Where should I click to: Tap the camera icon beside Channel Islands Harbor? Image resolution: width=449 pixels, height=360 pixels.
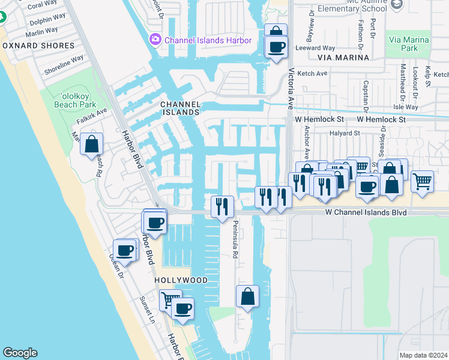pos(155,40)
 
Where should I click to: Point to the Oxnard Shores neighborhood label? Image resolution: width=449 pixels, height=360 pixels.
pos(38,46)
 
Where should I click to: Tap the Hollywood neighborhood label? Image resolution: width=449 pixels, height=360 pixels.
pos(181,280)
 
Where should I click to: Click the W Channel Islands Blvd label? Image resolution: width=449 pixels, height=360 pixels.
pos(366,212)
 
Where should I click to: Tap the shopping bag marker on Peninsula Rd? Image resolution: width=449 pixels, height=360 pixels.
pos(247,296)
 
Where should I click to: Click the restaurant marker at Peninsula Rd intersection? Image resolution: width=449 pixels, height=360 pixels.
pos(223,206)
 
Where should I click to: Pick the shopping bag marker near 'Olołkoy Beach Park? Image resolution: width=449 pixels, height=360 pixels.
pos(91,144)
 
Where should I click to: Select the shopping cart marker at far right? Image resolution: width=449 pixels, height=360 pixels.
pos(423,180)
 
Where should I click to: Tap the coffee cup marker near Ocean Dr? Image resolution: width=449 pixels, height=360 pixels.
pos(125,250)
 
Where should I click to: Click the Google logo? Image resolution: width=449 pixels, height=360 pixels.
pos(20,353)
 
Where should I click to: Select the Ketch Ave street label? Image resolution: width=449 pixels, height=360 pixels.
pos(313,73)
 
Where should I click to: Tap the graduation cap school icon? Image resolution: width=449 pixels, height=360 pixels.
pos(396,5)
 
